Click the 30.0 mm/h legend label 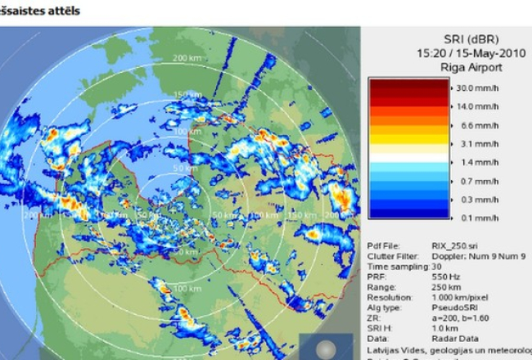[477, 88]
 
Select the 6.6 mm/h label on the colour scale [477, 126]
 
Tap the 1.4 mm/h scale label [477, 164]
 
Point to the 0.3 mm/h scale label [477, 200]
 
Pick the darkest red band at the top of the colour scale [408, 83]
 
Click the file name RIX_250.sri [453, 244]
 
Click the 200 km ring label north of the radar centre [187, 58]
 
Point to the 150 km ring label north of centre [187, 95]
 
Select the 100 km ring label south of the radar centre [187, 289]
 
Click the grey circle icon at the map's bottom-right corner [328, 345]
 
